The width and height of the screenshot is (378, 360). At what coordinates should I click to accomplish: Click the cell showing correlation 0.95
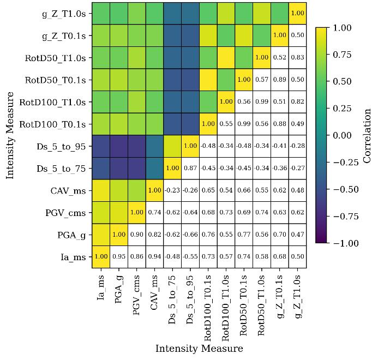tap(118, 257)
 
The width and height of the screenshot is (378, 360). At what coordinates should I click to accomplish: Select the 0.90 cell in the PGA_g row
tap(136, 235)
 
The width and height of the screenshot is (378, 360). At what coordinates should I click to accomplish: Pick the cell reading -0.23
tap(172, 190)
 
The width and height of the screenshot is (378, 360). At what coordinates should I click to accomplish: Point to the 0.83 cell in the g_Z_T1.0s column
tap(297, 57)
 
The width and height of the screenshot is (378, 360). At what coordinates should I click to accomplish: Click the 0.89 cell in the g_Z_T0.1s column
tap(279, 80)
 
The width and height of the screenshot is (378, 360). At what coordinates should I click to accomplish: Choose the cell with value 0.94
tap(154, 257)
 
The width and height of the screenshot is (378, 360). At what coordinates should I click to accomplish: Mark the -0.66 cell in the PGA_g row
tap(190, 235)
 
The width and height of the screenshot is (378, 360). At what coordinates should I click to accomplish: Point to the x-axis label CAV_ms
tap(154, 292)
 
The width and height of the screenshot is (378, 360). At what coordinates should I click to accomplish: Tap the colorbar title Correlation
tap(367, 135)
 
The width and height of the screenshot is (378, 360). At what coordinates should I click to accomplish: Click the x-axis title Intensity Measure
tap(199, 349)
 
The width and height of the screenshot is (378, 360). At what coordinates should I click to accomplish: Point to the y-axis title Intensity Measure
tap(9, 135)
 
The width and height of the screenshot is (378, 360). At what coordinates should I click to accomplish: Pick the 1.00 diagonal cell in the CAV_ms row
tap(154, 190)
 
